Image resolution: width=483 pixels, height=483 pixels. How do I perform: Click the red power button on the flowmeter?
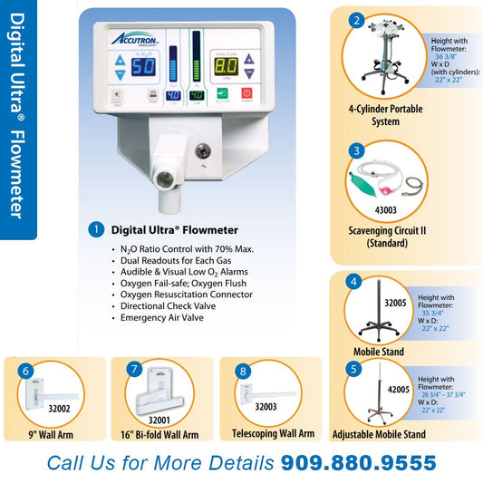pos(246,93)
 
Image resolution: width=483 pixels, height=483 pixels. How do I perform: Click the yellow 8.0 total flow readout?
pos(226,66)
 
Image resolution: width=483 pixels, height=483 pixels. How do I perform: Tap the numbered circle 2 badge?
pos(357,20)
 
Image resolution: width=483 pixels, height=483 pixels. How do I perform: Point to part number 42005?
pos(396,389)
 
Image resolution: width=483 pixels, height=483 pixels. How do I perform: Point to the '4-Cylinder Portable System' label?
pos(385,115)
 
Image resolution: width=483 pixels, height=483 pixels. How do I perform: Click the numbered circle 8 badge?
pos(242,371)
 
